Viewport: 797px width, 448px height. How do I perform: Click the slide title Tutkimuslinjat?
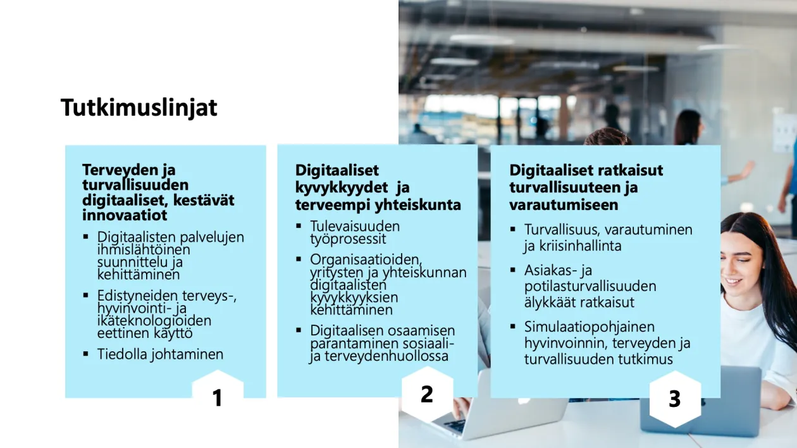point(139,108)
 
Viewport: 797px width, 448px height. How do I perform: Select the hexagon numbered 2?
point(427,394)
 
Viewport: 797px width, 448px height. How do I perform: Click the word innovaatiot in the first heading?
point(125,215)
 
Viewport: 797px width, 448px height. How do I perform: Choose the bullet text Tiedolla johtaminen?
point(160,354)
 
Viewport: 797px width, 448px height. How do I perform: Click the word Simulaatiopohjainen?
point(589,327)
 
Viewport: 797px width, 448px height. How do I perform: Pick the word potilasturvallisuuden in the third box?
point(590,286)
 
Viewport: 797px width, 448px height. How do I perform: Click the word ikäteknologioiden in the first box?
point(154,320)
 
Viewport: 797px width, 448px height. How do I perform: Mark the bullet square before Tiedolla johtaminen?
point(85,354)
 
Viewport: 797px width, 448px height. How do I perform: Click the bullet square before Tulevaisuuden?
point(299,226)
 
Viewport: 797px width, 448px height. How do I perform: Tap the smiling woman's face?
point(741,264)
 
